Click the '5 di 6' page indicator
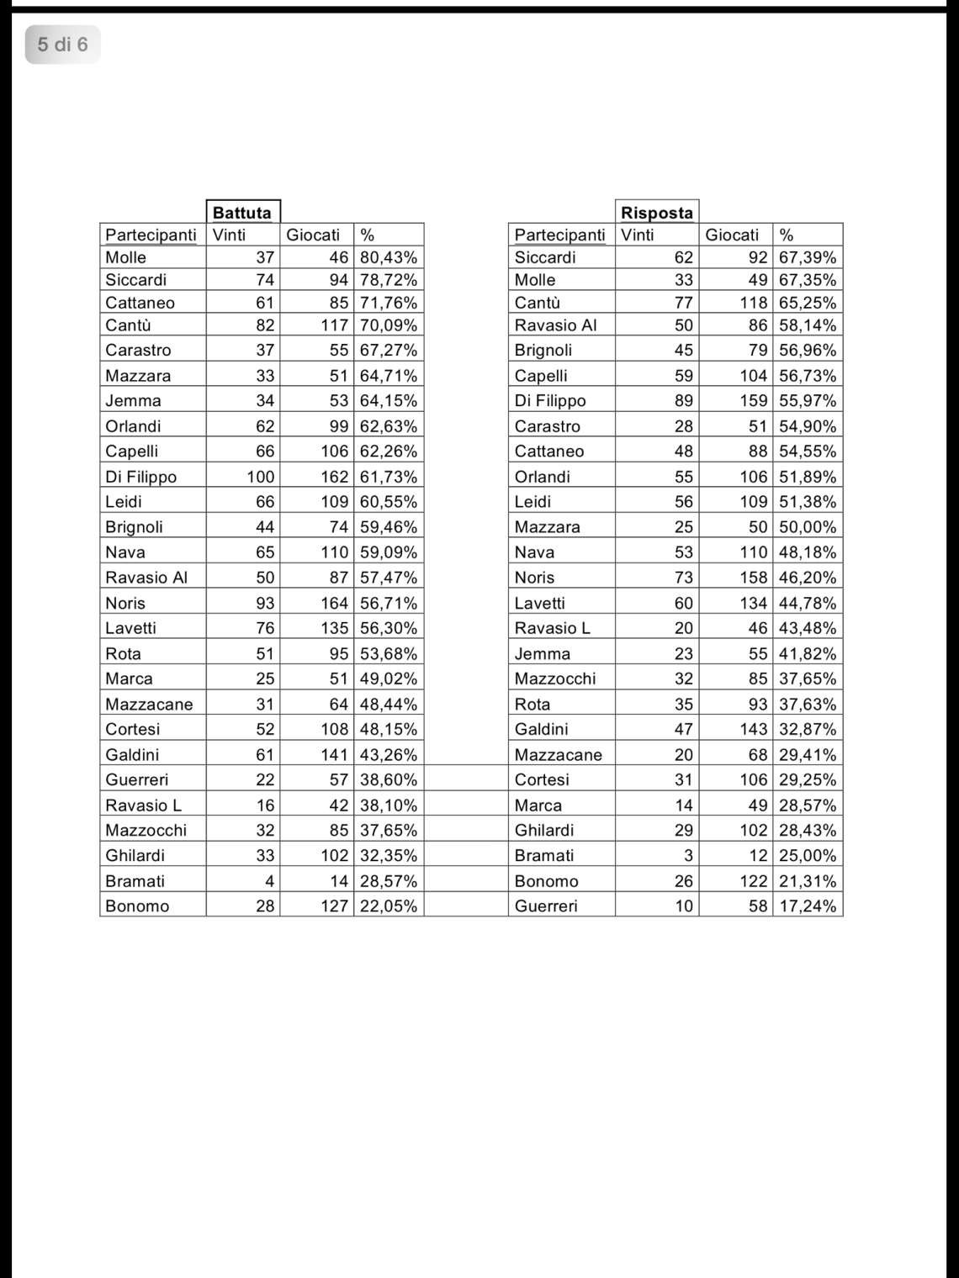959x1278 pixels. tap(62, 45)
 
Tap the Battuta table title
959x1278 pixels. tap(242, 213)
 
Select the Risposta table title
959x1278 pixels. tap(656, 213)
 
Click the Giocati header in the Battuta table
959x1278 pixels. tap(313, 235)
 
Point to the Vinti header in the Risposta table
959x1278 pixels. tap(637, 235)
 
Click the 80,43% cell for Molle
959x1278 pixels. tap(388, 258)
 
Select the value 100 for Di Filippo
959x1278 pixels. tap(260, 477)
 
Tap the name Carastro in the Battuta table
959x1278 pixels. tap(138, 351)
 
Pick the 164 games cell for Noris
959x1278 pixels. tap(334, 603)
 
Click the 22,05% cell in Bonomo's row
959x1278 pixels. tap(388, 906)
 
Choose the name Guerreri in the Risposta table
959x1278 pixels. tap(546, 906)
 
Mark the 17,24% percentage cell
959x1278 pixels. tap(808, 906)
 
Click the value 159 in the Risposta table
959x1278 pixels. tap(754, 401)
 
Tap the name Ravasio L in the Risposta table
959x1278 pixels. tap(553, 628)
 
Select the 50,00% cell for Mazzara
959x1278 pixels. tap(808, 527)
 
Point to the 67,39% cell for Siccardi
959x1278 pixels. tap(808, 258)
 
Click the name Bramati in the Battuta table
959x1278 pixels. tap(135, 881)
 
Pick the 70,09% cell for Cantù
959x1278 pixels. tap(388, 325)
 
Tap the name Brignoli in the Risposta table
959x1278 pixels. tap(543, 351)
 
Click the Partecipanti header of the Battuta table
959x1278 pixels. tap(151, 235)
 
